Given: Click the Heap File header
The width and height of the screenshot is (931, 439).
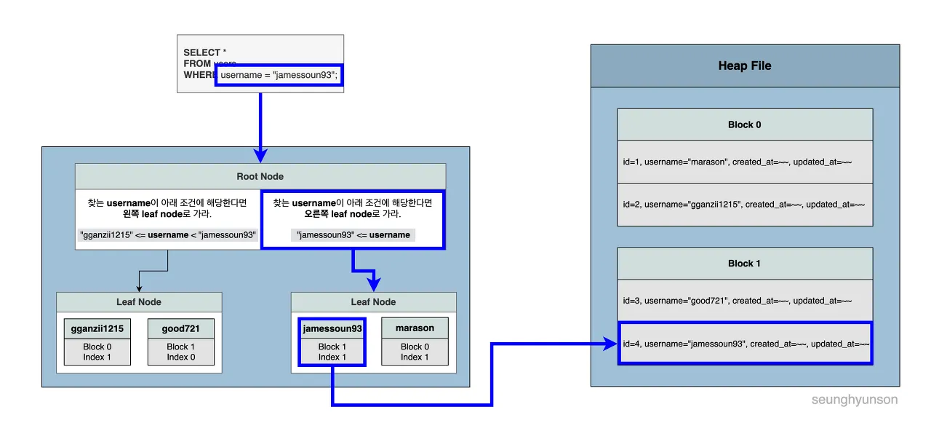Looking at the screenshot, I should [744, 66].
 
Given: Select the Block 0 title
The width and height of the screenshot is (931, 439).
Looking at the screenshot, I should [744, 124].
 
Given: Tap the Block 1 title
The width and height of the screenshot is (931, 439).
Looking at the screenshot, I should [744, 264].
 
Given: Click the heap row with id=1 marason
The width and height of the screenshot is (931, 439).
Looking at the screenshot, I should [744, 162].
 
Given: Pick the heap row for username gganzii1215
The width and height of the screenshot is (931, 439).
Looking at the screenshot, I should [744, 205].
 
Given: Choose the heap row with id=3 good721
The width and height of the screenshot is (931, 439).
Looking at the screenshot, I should [744, 301].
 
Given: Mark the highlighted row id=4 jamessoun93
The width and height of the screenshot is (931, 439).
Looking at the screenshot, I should [744, 343].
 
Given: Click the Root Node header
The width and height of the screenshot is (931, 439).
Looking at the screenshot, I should [260, 176].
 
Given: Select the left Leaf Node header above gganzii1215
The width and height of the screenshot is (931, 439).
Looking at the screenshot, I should [139, 302].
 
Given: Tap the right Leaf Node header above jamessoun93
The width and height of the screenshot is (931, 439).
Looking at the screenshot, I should [373, 302].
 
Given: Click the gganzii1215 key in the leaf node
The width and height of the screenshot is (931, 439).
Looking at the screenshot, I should [97, 328].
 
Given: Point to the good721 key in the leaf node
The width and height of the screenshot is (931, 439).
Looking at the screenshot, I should [181, 328].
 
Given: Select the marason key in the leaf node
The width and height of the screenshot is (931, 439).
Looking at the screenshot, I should [415, 328].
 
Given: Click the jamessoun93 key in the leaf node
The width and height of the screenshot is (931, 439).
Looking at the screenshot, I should [332, 328].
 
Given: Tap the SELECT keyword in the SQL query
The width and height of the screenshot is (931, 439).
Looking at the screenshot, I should [201, 52].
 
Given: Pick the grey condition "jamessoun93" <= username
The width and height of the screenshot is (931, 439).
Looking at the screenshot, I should [353, 235].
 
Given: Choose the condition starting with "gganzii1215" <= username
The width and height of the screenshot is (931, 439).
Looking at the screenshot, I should [167, 235].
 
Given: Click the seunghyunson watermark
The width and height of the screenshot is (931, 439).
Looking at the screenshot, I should [855, 400].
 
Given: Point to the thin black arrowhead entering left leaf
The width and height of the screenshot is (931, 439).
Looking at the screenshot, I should [139, 289].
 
